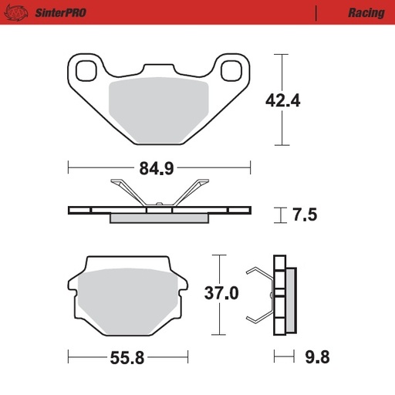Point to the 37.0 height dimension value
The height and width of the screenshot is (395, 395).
(221, 294)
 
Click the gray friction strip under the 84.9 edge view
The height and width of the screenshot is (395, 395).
(160, 218)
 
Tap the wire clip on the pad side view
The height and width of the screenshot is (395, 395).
(258, 295)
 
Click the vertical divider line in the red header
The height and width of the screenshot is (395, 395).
(317, 13)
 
